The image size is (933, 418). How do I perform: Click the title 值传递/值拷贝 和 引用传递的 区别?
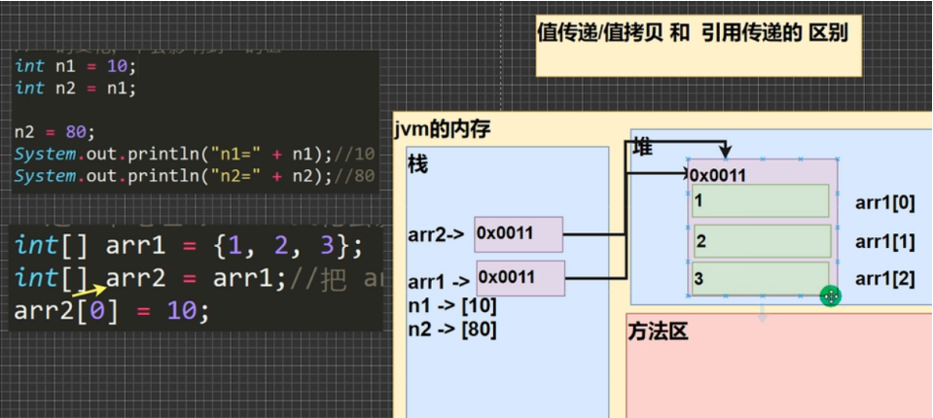click(x=692, y=33)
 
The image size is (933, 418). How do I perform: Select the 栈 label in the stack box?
click(x=417, y=164)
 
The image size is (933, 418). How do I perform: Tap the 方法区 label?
click(x=658, y=332)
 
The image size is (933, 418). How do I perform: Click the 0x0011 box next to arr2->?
click(x=519, y=233)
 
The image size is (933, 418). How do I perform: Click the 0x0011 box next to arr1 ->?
click(x=520, y=278)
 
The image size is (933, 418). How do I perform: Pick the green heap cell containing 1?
click(x=760, y=201)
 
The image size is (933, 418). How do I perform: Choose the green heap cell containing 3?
click(x=760, y=278)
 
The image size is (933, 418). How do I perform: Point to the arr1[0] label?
click(x=884, y=203)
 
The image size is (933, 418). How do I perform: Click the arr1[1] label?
click(x=884, y=241)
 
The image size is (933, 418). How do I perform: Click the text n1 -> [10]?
click(x=452, y=307)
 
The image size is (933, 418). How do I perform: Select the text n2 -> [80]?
click(x=452, y=329)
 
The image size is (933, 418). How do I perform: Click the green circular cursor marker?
click(x=830, y=296)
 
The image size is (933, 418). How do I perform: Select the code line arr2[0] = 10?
click(x=112, y=311)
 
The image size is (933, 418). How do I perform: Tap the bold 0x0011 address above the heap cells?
click(x=718, y=175)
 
